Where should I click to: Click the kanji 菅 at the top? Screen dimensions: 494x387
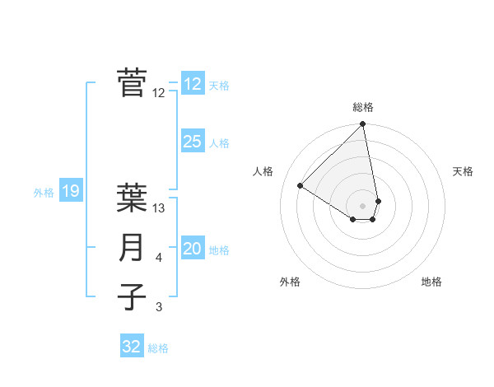pos(132,82)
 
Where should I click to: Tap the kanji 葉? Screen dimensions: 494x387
pos(132,198)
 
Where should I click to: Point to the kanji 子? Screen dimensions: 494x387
pos(132,296)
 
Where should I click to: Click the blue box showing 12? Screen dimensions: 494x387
pos(192,84)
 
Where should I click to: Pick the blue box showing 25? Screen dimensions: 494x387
pos(192,142)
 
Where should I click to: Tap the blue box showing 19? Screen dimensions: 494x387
pos(70,192)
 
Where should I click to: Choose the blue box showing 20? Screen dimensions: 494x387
pos(192,249)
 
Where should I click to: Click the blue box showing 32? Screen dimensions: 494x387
pos(132,347)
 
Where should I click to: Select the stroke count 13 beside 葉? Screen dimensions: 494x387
pos(160,208)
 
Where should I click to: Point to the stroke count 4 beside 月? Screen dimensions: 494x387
pos(159,258)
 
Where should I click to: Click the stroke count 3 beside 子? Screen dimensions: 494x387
pos(159,307)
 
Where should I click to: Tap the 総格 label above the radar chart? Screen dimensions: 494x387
pos(363,107)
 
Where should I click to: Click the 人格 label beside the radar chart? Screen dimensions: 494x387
pos(263,171)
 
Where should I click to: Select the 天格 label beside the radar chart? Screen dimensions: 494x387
pos(463,171)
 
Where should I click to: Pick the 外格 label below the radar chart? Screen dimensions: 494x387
pos(289,282)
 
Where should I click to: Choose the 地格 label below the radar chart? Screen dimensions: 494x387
pos(431,282)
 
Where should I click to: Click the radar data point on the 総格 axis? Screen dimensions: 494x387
pos(363,124)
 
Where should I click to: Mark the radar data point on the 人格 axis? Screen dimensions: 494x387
pos(301,185)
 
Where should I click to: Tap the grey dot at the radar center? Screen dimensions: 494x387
pos(363,205)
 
